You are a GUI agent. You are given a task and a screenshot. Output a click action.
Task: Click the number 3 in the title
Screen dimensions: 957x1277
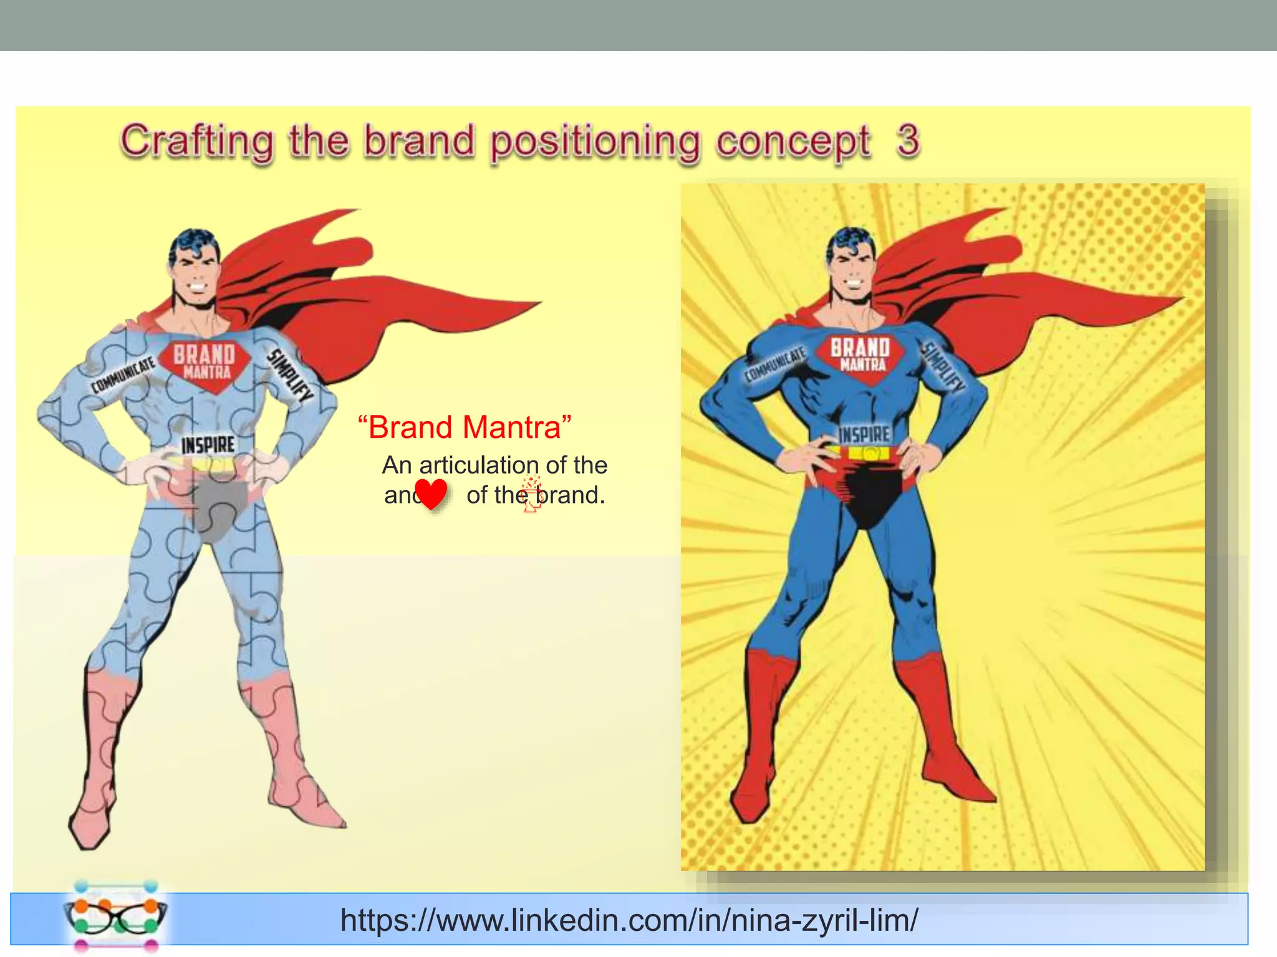(x=908, y=140)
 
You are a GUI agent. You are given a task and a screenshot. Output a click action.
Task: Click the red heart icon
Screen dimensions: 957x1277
(x=431, y=494)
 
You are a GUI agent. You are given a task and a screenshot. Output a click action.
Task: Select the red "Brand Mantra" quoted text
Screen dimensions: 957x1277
(x=465, y=427)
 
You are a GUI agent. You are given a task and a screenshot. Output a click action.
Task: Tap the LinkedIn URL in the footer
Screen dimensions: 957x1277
(x=629, y=920)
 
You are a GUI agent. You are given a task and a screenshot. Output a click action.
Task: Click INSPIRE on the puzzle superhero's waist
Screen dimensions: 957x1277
(x=208, y=445)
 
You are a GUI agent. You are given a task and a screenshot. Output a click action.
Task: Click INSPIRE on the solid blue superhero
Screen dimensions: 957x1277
(x=864, y=434)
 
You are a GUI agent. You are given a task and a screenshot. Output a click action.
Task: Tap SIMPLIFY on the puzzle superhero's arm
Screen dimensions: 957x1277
(x=290, y=375)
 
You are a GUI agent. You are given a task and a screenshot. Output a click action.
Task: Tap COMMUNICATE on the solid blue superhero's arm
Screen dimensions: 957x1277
(x=774, y=365)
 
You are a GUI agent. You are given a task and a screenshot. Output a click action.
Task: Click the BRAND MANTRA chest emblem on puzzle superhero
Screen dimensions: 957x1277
(x=205, y=364)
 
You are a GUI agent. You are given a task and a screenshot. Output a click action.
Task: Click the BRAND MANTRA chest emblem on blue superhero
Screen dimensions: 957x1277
(x=861, y=355)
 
